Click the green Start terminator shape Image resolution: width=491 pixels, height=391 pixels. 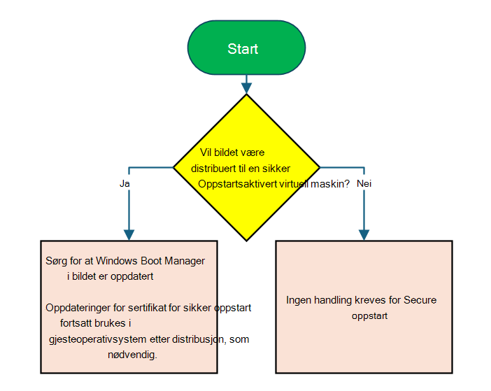(x=246, y=48)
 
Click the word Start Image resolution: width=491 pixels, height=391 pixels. (x=243, y=49)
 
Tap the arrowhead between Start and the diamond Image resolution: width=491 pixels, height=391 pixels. (x=246, y=88)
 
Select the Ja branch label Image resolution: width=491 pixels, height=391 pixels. (x=124, y=183)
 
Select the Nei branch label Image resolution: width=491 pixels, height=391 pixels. (x=364, y=183)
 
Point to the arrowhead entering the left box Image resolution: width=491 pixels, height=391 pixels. (x=129, y=235)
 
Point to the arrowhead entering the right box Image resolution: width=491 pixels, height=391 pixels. (x=364, y=235)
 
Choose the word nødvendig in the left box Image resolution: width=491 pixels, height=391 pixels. (x=132, y=355)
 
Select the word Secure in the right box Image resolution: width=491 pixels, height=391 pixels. (x=420, y=300)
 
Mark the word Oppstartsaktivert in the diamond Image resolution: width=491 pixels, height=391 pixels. (x=238, y=184)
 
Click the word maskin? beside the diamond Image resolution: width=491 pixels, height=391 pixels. (x=330, y=184)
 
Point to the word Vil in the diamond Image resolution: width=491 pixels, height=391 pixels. (x=206, y=152)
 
